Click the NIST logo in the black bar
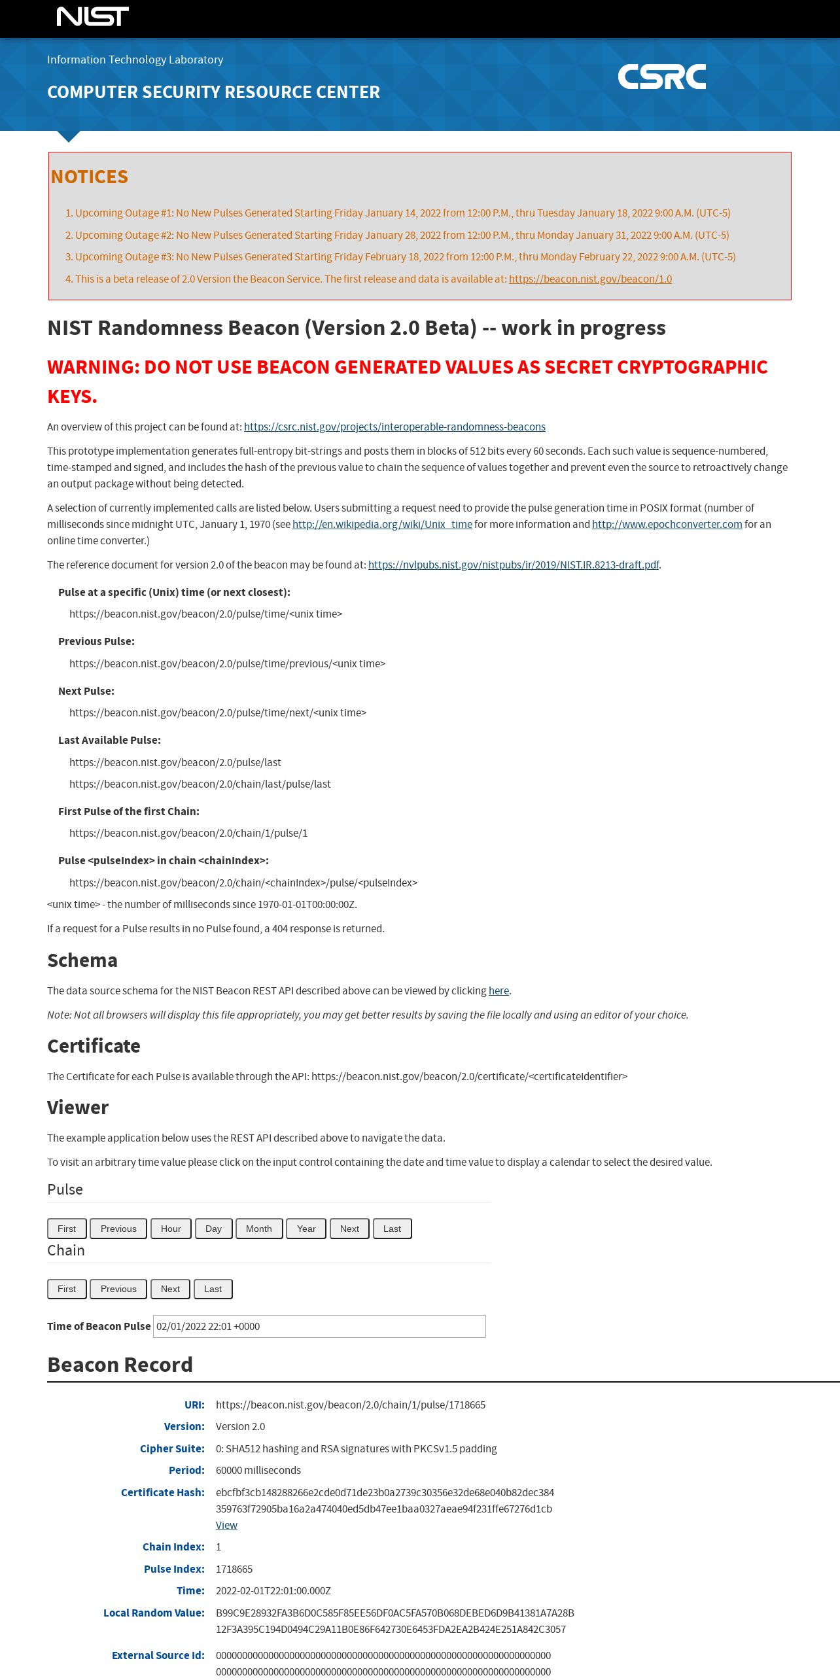[x=93, y=16]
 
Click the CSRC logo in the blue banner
[x=661, y=77]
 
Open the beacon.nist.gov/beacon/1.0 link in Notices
[x=590, y=279]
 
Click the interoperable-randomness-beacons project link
[x=394, y=427]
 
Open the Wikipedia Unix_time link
[x=382, y=524]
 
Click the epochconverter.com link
[x=667, y=524]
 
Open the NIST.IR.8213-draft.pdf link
[x=514, y=565]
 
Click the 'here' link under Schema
[x=499, y=990]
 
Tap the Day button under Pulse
[x=213, y=1229]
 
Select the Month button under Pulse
[x=259, y=1229]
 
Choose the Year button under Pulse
[x=306, y=1229]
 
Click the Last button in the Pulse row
[x=392, y=1229]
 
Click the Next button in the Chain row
[x=170, y=1289]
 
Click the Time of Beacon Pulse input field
[x=319, y=1326]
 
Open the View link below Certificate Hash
[x=226, y=1525]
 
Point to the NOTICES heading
[x=90, y=177]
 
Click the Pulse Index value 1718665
[x=234, y=1569]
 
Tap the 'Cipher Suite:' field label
[x=172, y=1448]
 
